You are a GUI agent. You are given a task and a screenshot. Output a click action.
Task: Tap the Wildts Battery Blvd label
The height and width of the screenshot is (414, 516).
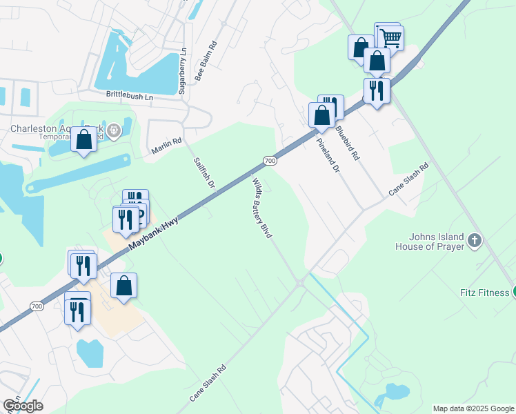point(260,207)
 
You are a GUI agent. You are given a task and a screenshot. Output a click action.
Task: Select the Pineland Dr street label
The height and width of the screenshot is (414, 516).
point(328,155)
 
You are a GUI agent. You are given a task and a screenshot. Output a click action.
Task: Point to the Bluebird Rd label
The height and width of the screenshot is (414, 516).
point(347,142)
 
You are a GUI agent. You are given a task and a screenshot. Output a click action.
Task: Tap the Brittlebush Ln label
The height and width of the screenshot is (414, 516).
point(129,97)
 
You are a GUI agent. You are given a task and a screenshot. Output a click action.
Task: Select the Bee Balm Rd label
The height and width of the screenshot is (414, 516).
point(206,61)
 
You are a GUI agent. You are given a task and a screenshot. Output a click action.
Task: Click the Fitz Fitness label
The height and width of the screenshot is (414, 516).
point(484,293)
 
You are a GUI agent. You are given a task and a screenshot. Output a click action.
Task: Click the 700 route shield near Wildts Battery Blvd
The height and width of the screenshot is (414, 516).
point(270,161)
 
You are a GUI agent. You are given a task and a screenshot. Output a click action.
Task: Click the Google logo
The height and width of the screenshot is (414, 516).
point(23,406)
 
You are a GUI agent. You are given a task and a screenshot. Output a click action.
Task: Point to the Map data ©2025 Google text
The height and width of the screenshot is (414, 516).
point(473,408)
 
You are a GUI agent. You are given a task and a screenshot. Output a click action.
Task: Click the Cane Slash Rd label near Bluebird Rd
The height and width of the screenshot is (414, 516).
point(408,179)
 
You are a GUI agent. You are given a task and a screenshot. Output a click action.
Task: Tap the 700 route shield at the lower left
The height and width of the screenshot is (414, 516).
point(37,305)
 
